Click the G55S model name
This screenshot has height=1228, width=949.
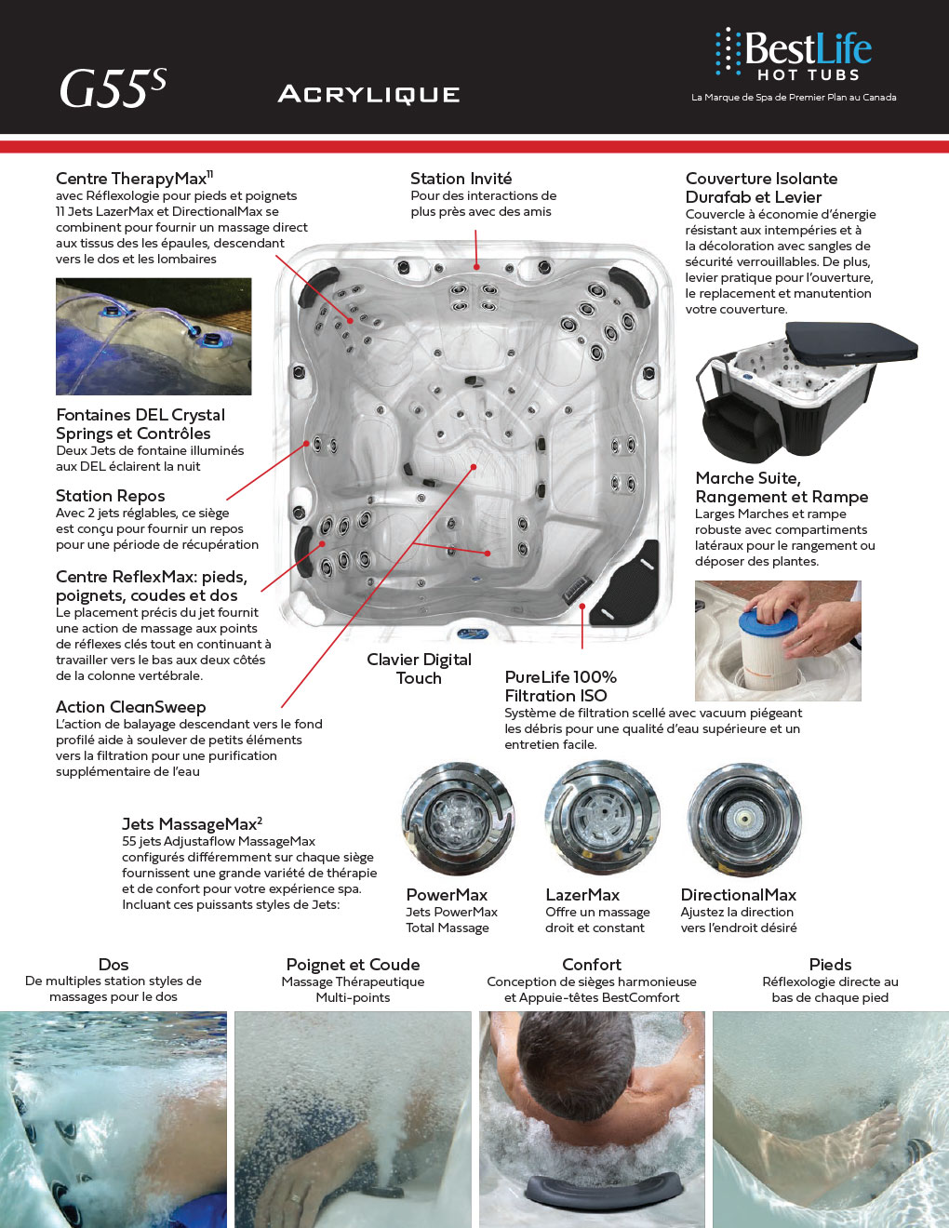pos(112,89)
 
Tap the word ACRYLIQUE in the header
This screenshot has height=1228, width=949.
pos(368,94)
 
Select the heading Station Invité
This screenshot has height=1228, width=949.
pos(461,179)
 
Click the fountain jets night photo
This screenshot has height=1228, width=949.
pos(154,336)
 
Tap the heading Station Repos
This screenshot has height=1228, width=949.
pos(110,496)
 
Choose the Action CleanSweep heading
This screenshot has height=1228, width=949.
pos(130,707)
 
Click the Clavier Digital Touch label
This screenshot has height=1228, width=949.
pos(419,668)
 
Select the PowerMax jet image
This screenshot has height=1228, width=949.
pos(456,819)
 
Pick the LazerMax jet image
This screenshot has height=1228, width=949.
pos(600,817)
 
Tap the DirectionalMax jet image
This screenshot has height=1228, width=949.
pos(742,818)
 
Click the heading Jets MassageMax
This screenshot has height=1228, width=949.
pos(192,824)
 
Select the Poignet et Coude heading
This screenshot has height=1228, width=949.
pos(353,965)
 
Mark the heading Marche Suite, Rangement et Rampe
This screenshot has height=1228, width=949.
pos(782,487)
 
